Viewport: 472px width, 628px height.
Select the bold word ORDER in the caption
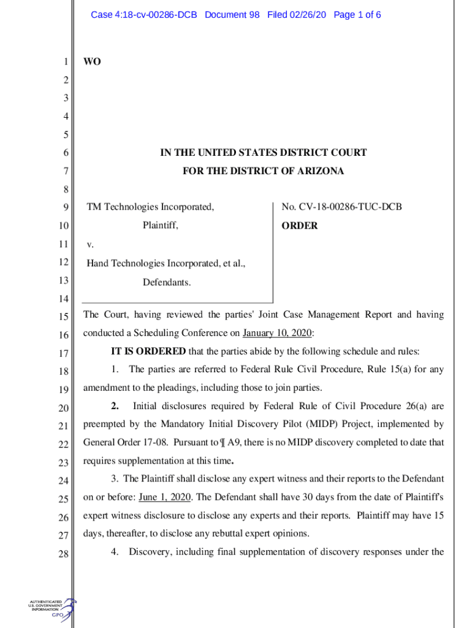pos(300,226)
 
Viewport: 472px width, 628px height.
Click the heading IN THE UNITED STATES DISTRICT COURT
pos(263,153)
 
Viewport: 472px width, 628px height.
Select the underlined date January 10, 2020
pos(278,333)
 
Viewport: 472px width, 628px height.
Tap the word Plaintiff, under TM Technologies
pos(161,226)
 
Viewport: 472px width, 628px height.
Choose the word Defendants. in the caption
pos(167,283)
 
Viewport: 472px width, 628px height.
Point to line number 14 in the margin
pos(63,299)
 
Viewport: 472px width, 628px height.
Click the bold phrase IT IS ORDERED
pos(148,351)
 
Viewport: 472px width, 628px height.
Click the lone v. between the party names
pos(90,245)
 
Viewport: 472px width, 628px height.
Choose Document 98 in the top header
pos(232,14)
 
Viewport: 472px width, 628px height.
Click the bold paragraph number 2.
pos(114,405)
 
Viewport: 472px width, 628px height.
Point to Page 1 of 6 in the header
pos(357,14)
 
